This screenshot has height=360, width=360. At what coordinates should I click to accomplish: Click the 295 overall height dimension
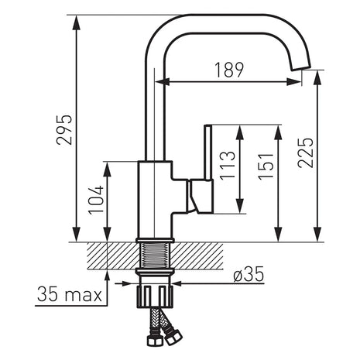tap(63, 129)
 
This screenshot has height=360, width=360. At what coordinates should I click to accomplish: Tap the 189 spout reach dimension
tap(229, 70)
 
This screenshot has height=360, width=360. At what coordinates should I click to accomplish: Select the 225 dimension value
tap(305, 153)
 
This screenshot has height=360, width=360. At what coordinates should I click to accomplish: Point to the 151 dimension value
tap(266, 166)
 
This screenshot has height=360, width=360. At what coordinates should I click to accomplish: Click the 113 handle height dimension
tap(228, 165)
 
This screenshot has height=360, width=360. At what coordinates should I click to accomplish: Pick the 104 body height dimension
tap(96, 200)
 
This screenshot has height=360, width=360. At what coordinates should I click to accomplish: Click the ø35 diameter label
tap(249, 274)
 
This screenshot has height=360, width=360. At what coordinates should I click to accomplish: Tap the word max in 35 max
tap(84, 296)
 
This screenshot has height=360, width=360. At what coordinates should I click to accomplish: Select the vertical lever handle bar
tap(208, 152)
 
